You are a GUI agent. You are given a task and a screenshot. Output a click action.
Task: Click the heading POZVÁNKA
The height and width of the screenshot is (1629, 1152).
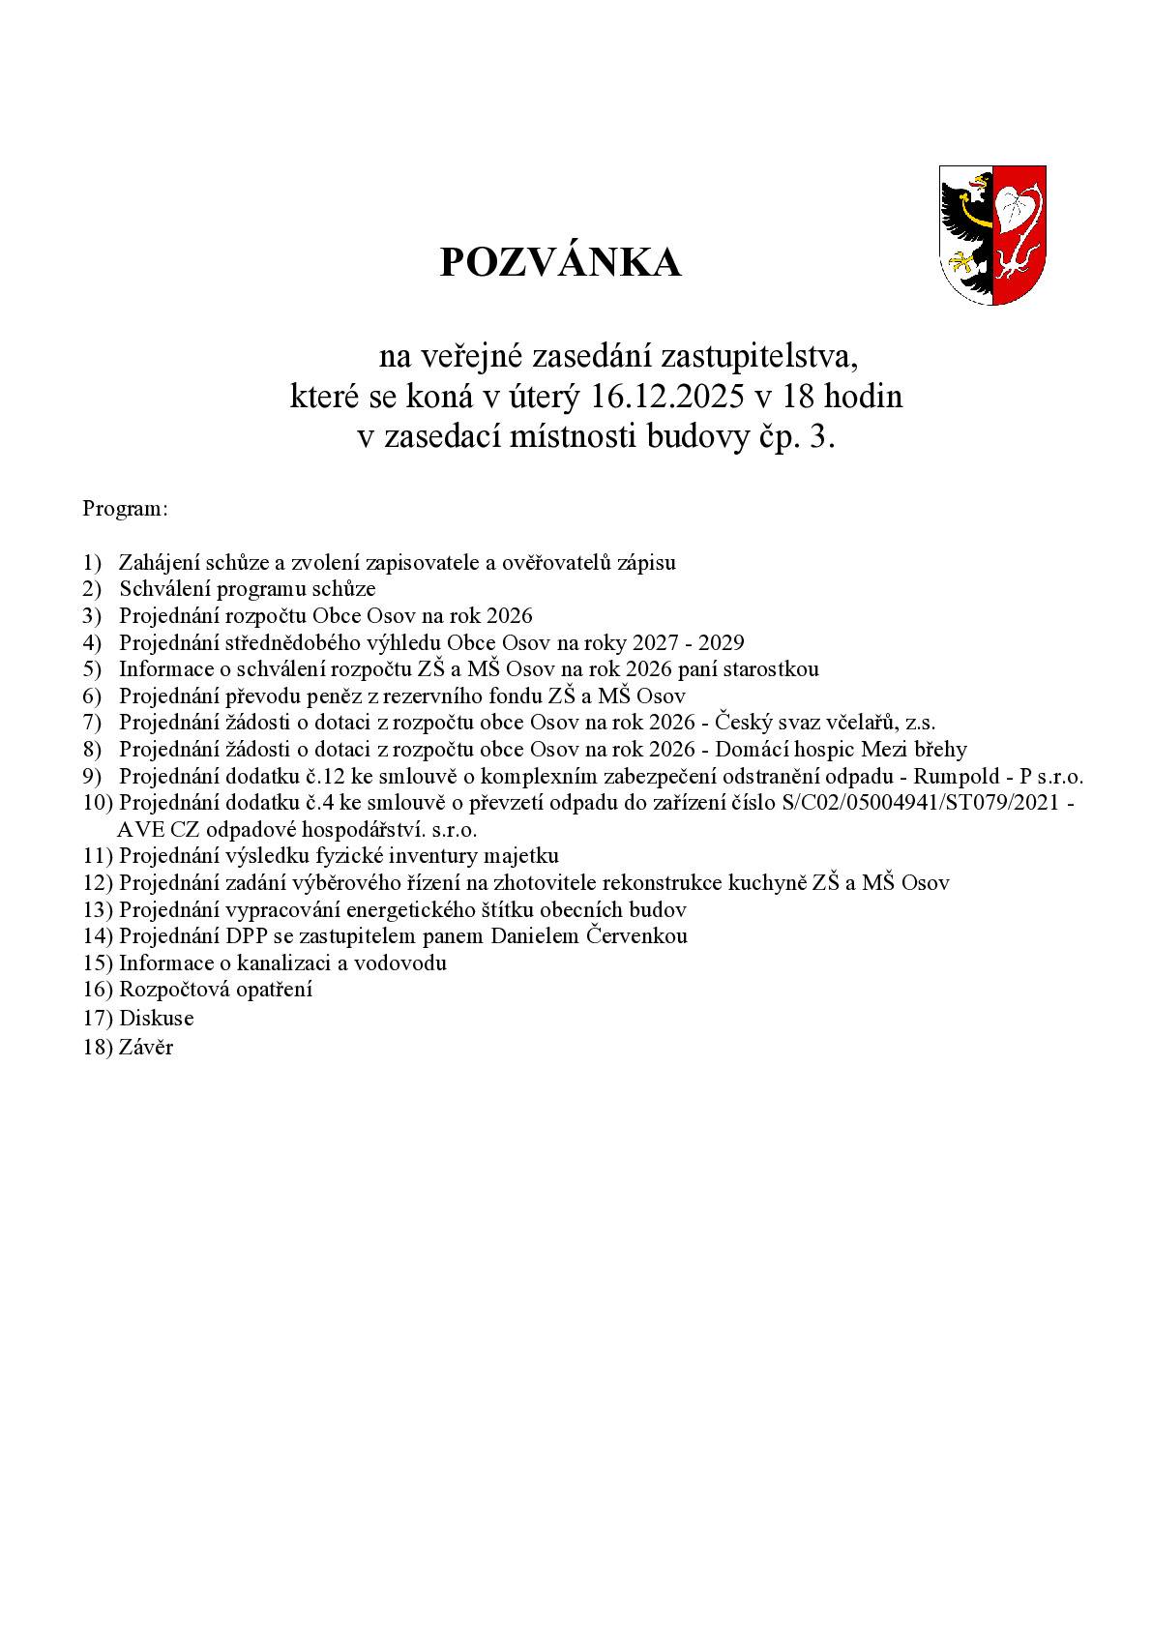[560, 263]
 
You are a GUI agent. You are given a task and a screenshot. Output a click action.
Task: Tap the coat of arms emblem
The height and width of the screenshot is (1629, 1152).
[992, 235]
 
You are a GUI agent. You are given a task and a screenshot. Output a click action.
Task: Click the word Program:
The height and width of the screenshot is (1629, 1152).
[126, 508]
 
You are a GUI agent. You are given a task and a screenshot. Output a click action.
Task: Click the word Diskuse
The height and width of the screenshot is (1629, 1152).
[156, 1018]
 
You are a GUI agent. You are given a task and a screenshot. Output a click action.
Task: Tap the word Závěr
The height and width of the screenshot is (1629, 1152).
[145, 1047]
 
